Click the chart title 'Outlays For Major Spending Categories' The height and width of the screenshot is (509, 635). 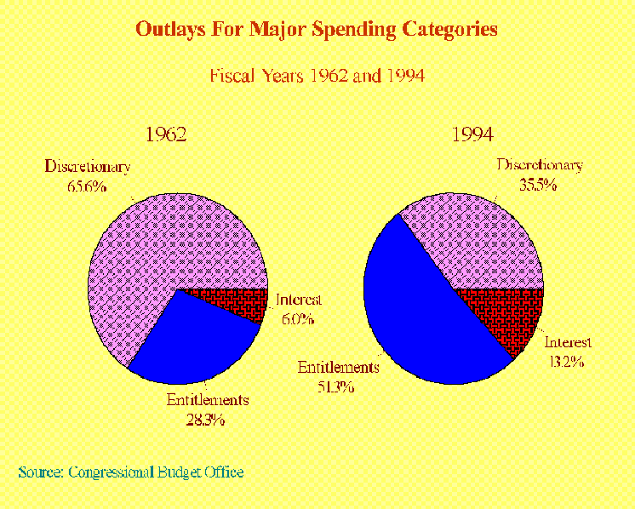(317, 30)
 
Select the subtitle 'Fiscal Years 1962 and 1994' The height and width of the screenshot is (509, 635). (317, 76)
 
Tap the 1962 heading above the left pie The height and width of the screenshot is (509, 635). (166, 134)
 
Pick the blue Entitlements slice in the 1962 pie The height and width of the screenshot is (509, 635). (196, 340)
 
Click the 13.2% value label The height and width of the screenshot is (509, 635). (565, 361)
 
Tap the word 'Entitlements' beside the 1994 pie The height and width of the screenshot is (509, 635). (337, 368)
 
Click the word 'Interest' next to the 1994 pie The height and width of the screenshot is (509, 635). (568, 343)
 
